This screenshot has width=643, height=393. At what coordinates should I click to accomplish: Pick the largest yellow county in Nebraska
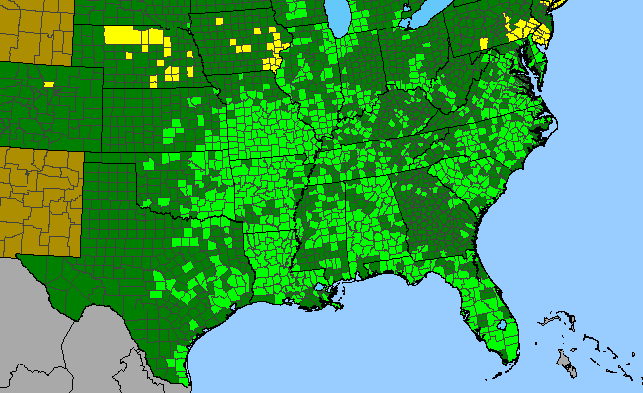(x=119, y=33)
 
